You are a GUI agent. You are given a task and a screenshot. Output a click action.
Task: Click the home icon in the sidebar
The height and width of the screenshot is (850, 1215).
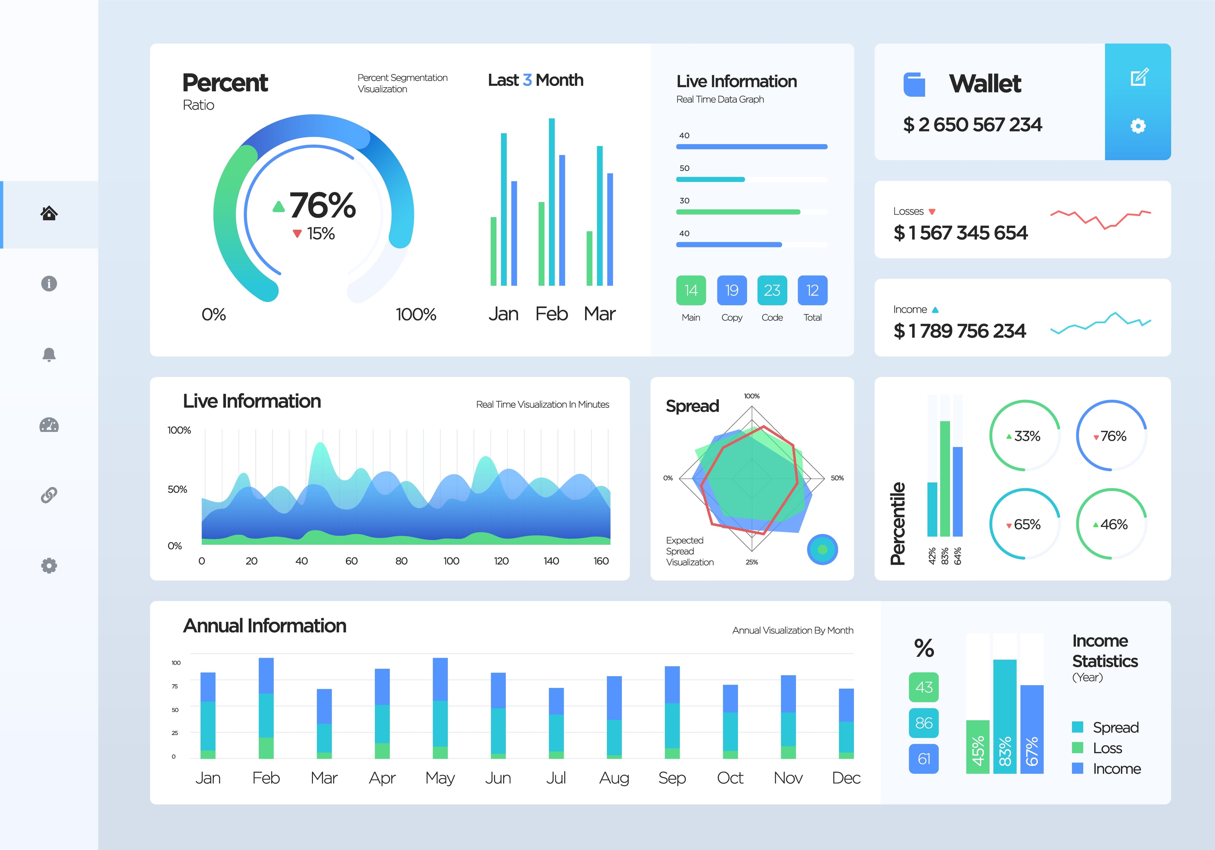49,213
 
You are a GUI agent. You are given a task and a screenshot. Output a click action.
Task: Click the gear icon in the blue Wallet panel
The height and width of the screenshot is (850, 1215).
1138,126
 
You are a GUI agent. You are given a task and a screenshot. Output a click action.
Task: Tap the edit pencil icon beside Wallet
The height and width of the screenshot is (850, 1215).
1139,77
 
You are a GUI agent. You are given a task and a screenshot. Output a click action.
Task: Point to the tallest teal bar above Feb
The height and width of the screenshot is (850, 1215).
551,201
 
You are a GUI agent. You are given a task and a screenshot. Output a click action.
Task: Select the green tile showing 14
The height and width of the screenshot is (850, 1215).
691,290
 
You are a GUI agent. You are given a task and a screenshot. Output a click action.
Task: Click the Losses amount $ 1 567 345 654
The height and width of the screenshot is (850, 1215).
960,233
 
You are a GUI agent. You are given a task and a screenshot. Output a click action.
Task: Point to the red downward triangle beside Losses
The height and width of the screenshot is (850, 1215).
932,212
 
